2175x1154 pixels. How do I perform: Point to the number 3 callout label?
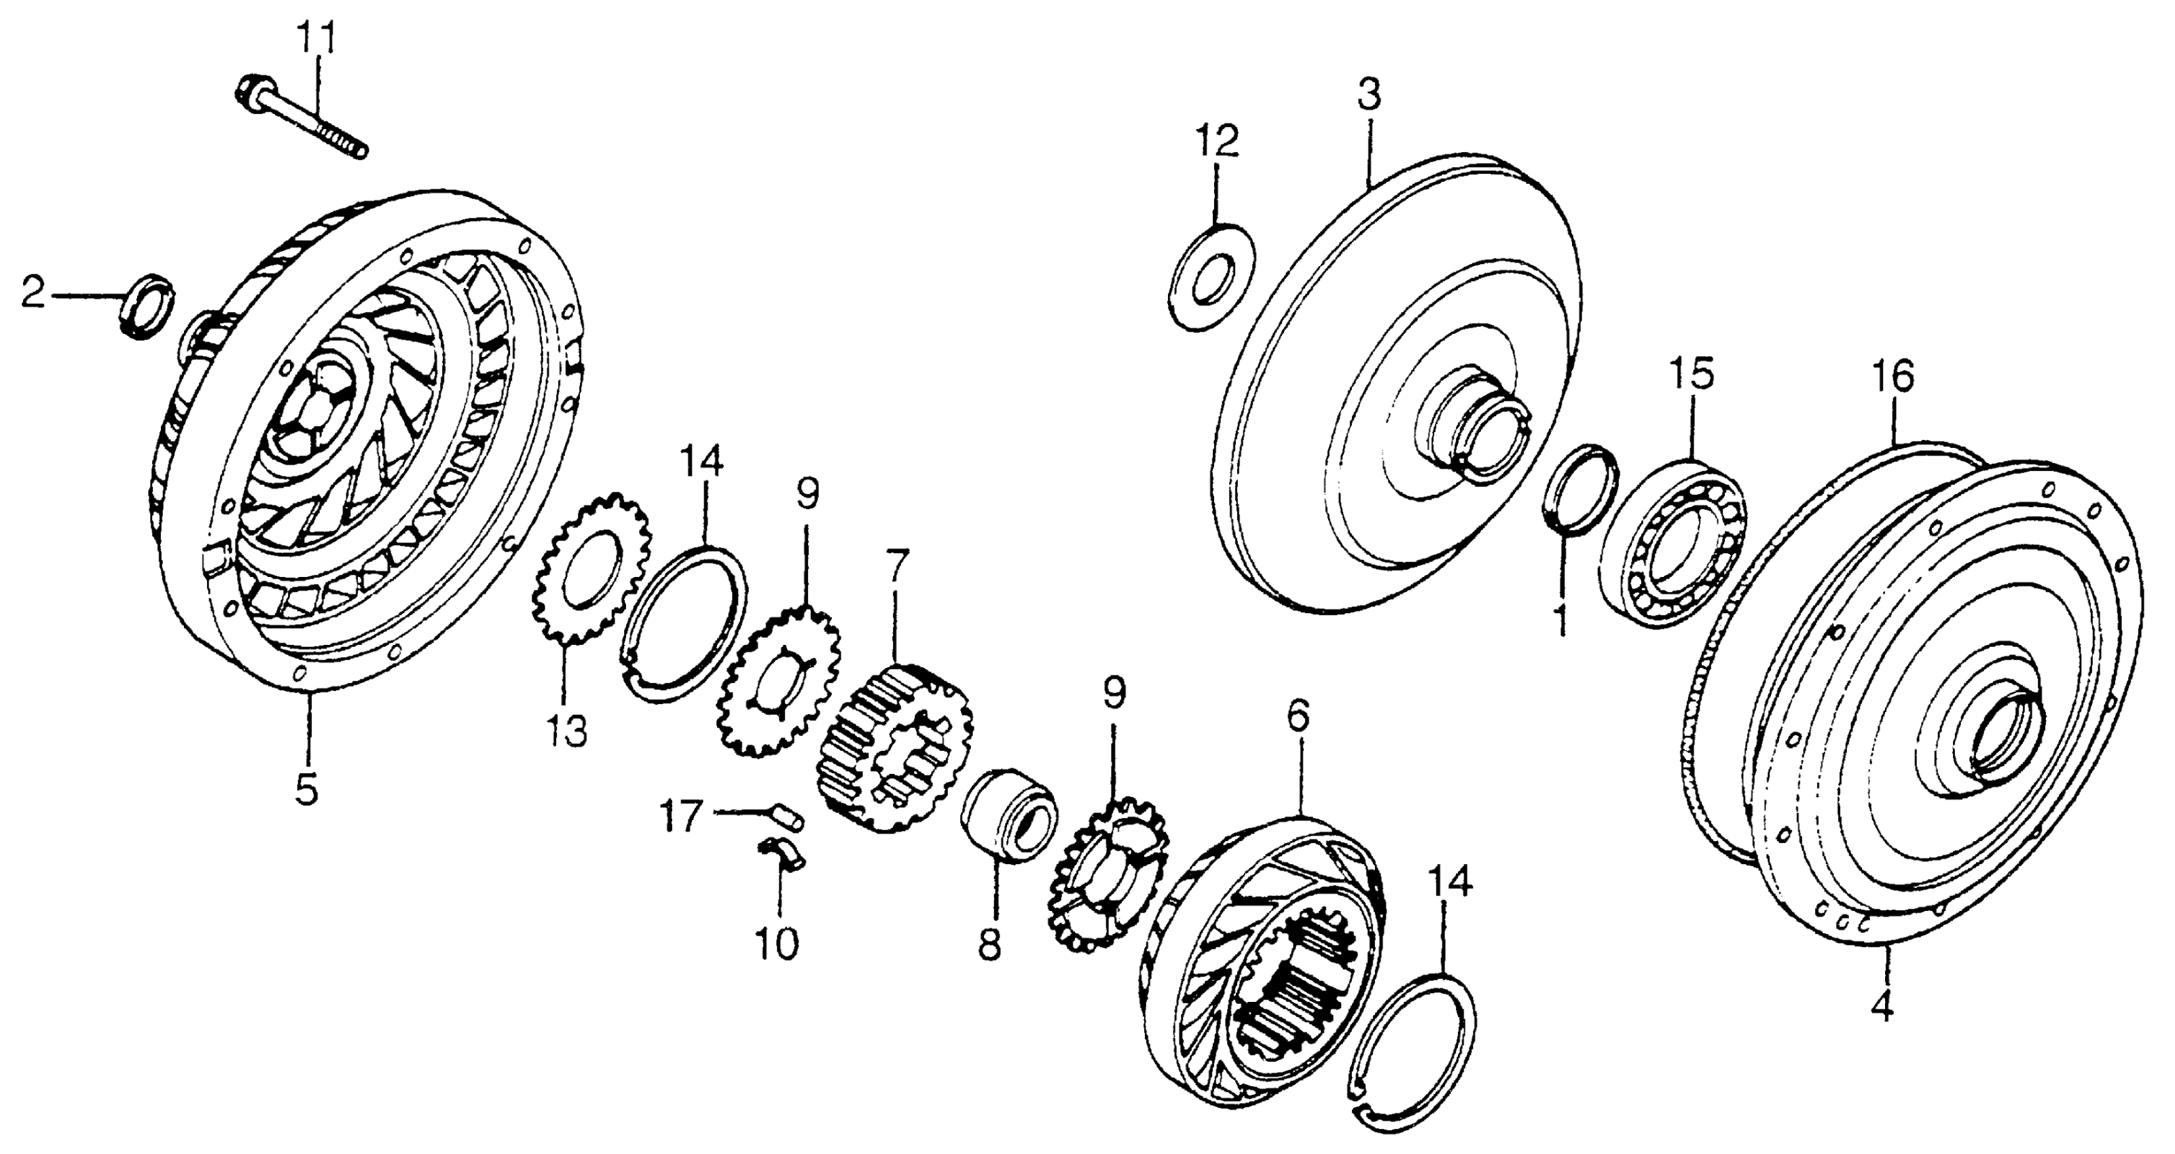click(x=1369, y=96)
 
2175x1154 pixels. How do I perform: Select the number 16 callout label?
click(x=1893, y=377)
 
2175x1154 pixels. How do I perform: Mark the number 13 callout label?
click(x=566, y=731)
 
